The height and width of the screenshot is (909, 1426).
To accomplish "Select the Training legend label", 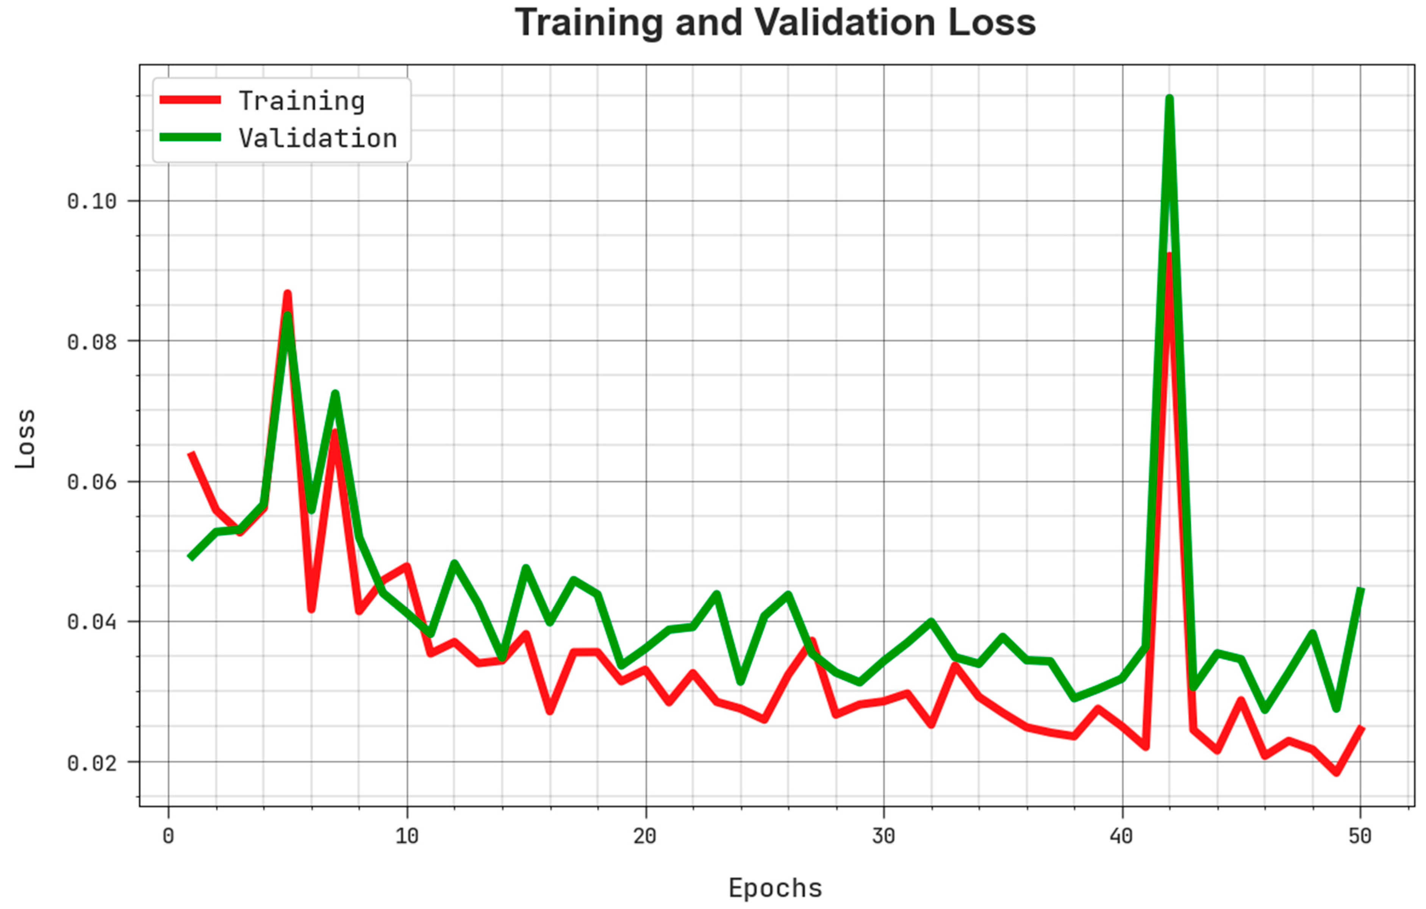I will [x=302, y=101].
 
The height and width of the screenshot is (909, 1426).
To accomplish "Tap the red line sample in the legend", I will [x=190, y=100].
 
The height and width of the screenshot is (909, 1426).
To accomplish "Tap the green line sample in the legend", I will [x=190, y=137].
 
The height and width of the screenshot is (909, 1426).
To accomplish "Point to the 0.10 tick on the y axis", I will [x=92, y=201].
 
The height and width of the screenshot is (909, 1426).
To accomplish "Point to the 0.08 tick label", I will [x=92, y=342].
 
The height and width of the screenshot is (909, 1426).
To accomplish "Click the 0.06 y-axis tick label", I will [x=92, y=482].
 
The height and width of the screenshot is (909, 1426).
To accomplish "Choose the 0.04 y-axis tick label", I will [x=92, y=622].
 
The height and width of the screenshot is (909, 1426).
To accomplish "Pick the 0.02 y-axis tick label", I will [x=92, y=763].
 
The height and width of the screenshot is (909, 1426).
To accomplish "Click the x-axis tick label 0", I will [x=168, y=836].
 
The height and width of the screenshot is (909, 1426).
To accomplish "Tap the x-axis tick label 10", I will [x=407, y=836].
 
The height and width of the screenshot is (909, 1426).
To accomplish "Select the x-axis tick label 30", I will [x=883, y=836].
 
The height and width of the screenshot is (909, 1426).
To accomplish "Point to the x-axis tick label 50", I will [x=1360, y=836].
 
